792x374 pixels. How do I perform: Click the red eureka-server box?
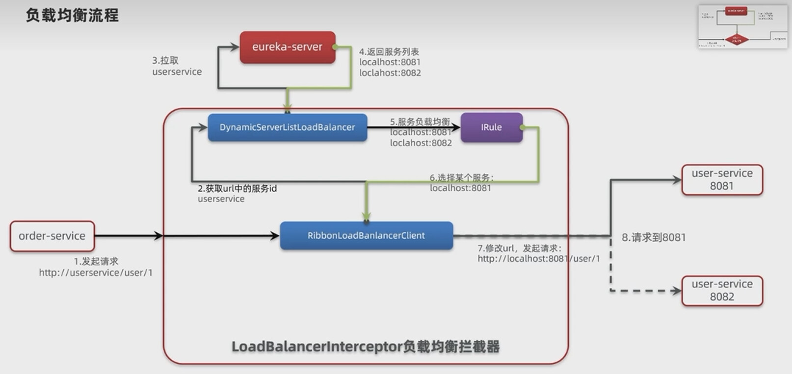coord(287,47)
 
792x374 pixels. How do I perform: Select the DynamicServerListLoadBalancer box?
coord(287,127)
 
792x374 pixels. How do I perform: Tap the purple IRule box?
coord(491,127)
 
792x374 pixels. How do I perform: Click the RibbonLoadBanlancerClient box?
coord(366,236)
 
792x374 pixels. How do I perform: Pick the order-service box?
coord(52,236)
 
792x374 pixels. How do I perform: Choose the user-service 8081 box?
coord(722,179)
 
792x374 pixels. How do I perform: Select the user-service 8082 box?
coord(722,290)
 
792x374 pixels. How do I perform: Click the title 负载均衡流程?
coord(72,15)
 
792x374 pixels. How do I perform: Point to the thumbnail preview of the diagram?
coord(742,26)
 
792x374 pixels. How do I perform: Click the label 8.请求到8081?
coord(654,238)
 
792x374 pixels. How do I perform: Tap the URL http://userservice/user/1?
coord(96,273)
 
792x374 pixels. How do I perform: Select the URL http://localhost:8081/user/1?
coord(539,259)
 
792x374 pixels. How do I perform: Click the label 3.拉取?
coord(165,61)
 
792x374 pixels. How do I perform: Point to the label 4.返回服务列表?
coord(389,51)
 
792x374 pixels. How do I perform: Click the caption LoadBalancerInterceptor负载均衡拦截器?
coord(366,347)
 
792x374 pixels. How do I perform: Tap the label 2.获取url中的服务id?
coord(237,188)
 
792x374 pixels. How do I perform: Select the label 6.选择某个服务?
coord(461,177)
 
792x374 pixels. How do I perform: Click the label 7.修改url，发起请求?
coord(520,248)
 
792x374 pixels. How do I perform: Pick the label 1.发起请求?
coord(96,261)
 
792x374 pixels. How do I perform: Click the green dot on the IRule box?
coord(522,127)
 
